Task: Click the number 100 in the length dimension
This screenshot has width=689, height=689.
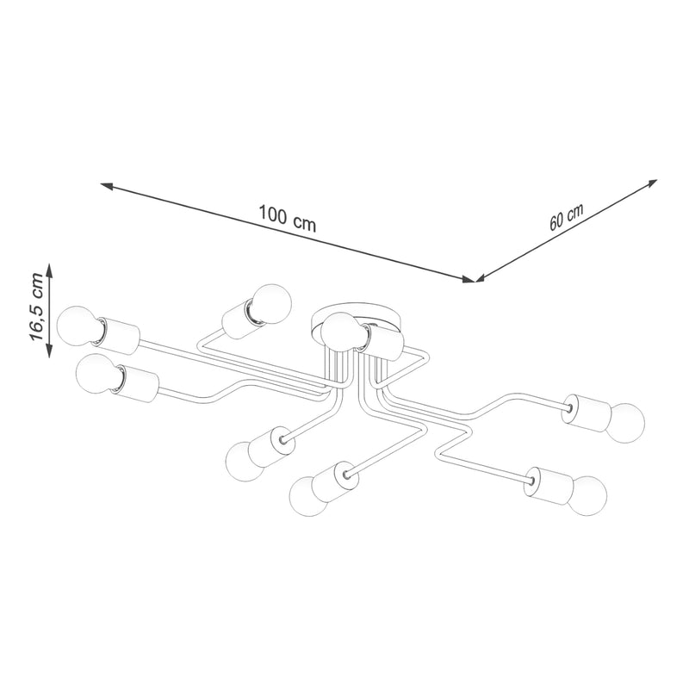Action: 273,214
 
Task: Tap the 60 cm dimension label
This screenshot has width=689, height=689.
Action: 567,217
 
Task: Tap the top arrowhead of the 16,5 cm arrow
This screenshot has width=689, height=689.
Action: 49,270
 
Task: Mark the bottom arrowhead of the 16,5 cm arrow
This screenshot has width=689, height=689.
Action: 49,351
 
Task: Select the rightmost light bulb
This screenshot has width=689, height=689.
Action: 625,423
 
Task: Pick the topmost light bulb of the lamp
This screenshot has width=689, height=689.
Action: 271,304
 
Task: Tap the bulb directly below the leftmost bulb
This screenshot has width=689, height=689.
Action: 98,375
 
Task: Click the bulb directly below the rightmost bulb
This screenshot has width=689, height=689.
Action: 587,494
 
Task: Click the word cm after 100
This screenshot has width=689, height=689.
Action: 305,223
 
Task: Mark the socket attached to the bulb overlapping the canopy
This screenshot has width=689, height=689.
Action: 381,342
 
